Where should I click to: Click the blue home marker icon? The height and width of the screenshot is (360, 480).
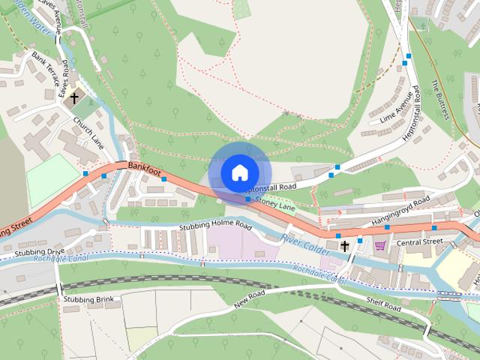(238, 172)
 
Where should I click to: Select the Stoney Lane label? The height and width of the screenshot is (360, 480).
(275, 202)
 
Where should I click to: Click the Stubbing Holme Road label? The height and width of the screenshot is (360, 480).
(214, 224)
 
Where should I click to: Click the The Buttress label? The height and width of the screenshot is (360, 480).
(439, 100)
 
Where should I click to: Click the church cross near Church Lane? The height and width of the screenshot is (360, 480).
(74, 97)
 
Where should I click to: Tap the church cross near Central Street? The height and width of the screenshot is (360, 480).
(344, 245)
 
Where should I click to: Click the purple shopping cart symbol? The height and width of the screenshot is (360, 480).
(380, 244)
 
